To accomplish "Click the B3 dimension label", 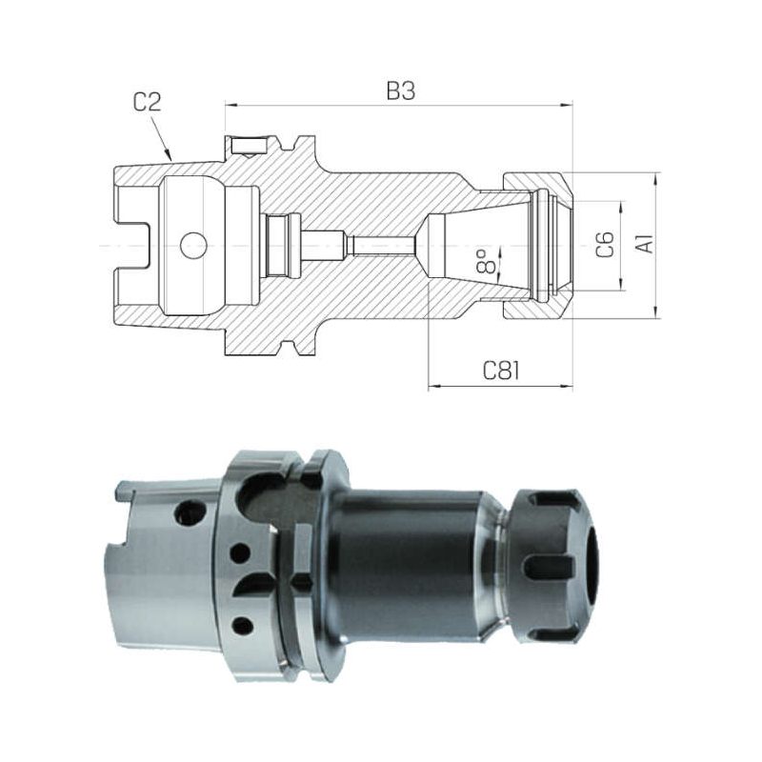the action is coord(400,90).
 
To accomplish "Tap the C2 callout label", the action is coord(147,102).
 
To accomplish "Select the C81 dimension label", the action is coord(501,371).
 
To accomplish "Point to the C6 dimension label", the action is coord(605,245).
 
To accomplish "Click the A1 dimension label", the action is coord(646,244).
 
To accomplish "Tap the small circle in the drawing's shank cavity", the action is coord(193,246).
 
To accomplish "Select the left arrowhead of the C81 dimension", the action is coord(434,387).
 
